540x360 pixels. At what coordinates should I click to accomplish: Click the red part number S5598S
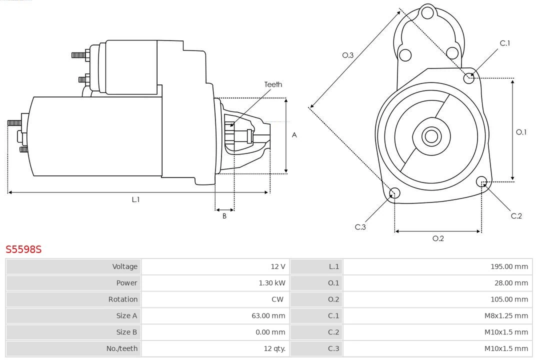pos(23,249)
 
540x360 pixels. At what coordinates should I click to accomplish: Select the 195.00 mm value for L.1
pos(509,266)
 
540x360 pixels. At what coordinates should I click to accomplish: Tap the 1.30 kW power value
pos(272,283)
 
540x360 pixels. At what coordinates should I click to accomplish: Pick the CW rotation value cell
pos(277,299)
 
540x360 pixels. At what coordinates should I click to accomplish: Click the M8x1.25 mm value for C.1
pos(506,315)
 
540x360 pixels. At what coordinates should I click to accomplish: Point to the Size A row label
pos(126,315)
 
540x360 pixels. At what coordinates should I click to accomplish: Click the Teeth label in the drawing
pos(273,84)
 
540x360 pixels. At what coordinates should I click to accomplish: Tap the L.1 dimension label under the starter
pos(135,199)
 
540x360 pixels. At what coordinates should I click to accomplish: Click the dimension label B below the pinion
pos(224,216)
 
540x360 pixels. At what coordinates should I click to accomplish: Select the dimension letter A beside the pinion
pos(294,135)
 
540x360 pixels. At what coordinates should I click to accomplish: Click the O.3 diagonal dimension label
pos(348,55)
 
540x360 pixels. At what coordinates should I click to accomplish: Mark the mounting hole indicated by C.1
pos(468,77)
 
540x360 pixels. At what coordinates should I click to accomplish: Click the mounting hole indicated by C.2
pos(481,181)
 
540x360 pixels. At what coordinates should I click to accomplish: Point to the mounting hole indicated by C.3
pos(394,193)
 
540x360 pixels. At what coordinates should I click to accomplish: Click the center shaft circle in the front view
pos(430,136)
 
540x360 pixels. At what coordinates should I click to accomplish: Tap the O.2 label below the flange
pos(438,238)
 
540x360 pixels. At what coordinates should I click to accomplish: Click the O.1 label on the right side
pos(521,132)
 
